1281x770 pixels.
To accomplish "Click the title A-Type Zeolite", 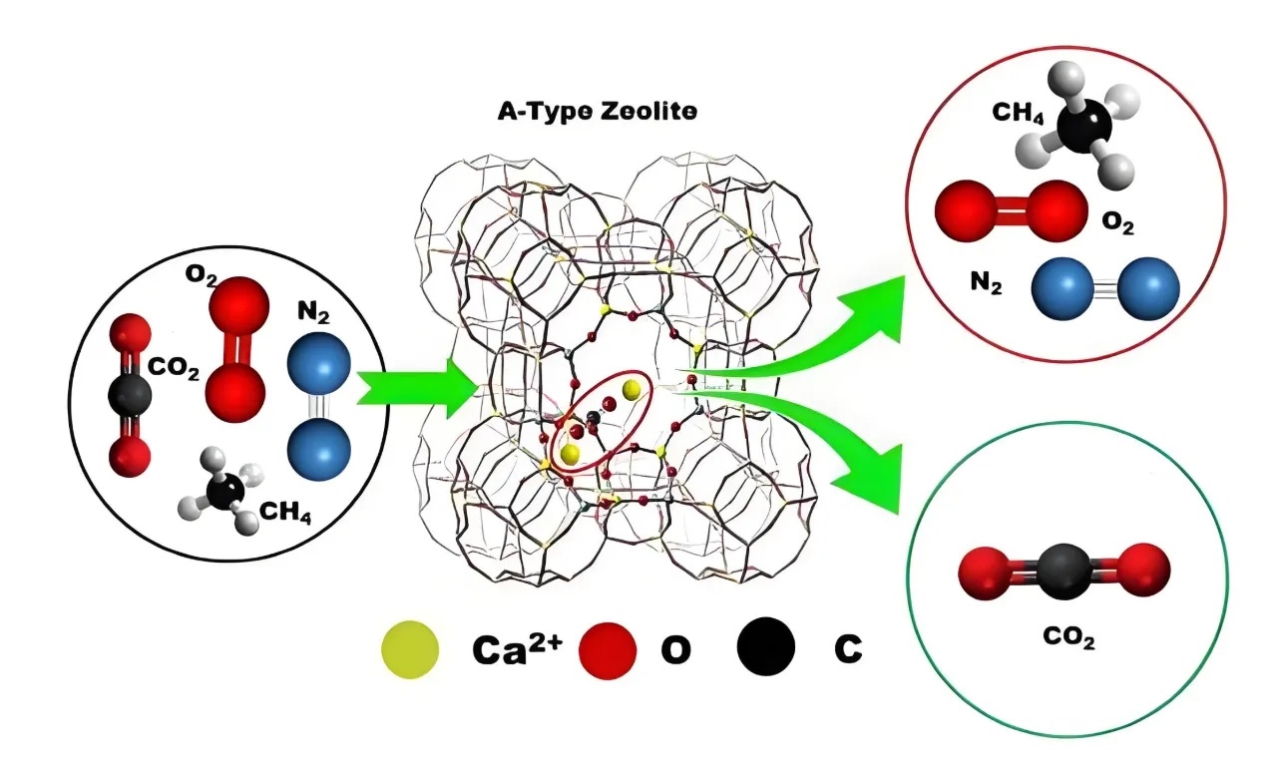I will (x=598, y=111).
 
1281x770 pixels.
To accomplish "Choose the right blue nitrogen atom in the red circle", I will (x=1147, y=287).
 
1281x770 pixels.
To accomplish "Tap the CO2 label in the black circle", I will (x=175, y=373).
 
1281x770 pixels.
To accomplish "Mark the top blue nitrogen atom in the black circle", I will (x=318, y=366).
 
